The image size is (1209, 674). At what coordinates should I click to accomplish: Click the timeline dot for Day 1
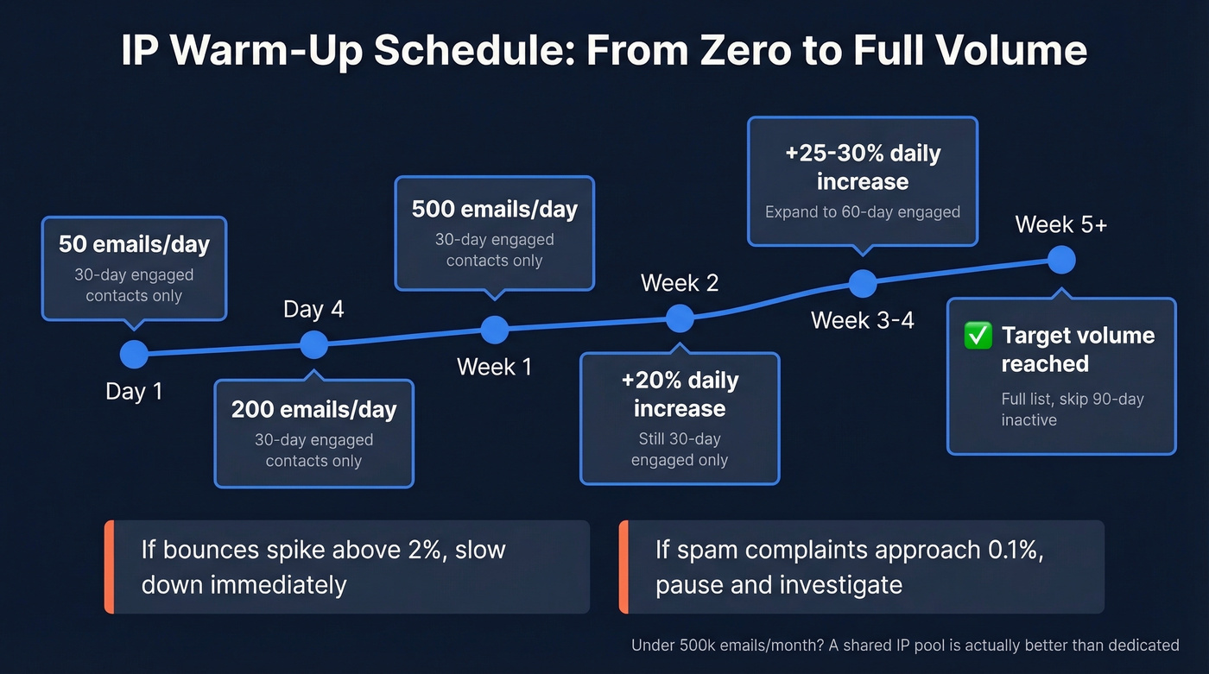(134, 353)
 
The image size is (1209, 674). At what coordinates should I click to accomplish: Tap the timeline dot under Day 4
(313, 344)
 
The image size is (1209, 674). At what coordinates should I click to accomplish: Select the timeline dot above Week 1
(494, 329)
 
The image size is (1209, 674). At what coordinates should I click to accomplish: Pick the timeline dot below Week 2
(680, 318)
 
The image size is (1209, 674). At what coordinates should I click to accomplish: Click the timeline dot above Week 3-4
(863, 282)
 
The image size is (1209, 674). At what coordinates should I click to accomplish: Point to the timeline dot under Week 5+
(1060, 258)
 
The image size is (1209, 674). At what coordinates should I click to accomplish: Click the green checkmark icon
(978, 336)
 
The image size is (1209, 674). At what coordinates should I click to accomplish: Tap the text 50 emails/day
(134, 244)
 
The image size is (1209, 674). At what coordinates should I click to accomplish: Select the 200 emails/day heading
(313, 409)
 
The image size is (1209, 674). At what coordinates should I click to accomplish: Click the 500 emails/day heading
(494, 209)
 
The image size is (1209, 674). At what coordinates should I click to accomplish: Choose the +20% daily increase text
(680, 394)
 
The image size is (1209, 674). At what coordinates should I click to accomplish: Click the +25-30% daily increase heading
(862, 167)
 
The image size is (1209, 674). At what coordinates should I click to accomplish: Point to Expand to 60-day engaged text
(862, 212)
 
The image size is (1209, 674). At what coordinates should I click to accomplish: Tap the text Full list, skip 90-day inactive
(1072, 410)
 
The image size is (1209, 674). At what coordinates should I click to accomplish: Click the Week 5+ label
(1060, 224)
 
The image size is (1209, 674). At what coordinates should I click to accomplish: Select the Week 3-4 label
(862, 320)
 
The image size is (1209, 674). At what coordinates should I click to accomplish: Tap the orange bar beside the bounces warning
(109, 567)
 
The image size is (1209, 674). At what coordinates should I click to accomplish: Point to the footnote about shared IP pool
(904, 645)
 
